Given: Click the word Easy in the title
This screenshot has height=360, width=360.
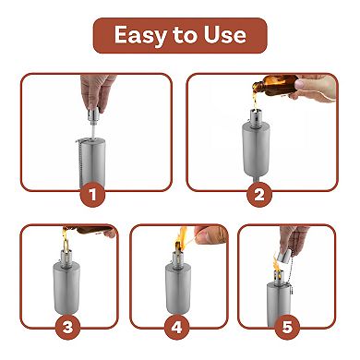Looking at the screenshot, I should point(138,36).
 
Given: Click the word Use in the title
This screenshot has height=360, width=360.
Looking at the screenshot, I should point(225,36).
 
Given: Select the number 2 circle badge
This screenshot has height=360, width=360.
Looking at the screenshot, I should point(259,194).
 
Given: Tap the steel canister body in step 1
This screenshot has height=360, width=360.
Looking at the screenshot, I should point(92,162).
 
